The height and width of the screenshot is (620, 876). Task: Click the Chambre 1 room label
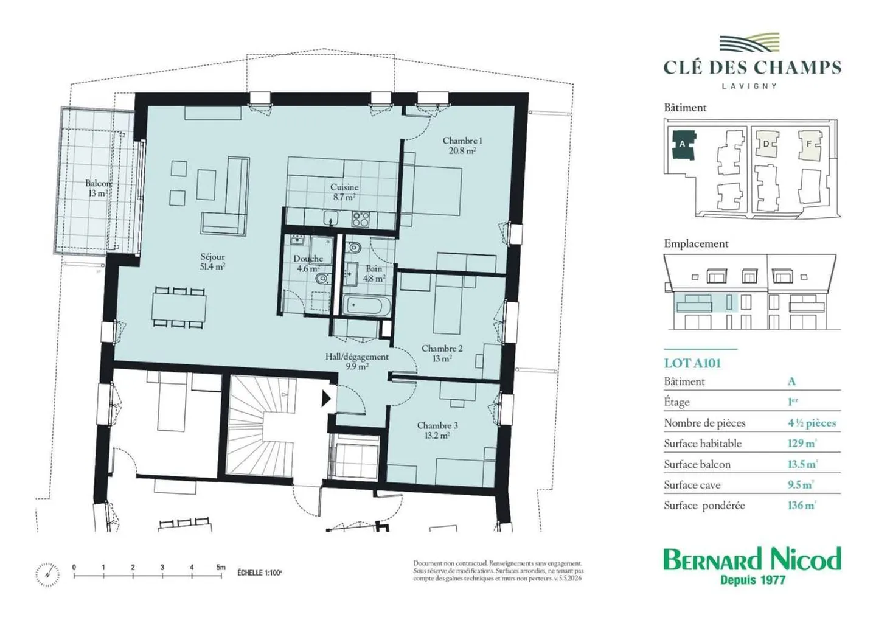click(462, 145)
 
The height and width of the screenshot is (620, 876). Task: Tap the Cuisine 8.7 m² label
click(344, 192)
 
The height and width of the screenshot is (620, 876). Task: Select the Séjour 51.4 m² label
click(212, 262)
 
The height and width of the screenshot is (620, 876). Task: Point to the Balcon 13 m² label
click(98, 188)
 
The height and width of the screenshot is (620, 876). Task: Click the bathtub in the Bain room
click(367, 306)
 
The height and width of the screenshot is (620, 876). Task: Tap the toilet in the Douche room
click(322, 279)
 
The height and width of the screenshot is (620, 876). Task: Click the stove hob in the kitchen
click(360, 219)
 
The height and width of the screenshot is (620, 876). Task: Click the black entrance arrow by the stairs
click(326, 399)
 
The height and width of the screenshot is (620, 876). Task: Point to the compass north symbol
click(47, 574)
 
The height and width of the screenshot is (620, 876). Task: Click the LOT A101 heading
click(692, 363)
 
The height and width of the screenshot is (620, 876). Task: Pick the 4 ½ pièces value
click(812, 423)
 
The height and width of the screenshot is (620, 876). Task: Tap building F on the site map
click(810, 144)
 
